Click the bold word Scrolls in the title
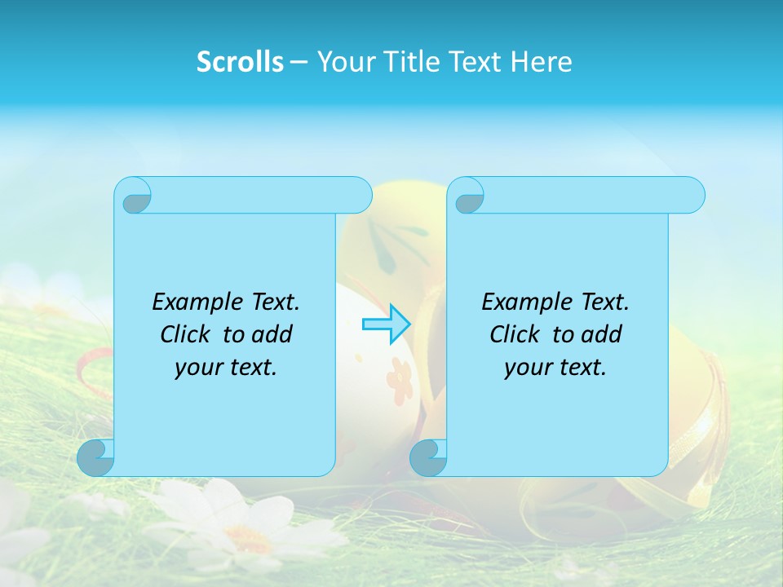(240, 62)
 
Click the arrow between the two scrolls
(386, 324)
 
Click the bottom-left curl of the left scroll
(95, 457)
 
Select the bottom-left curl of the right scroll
(427, 457)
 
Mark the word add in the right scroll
(602, 335)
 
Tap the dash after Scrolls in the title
(299, 62)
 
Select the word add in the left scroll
(272, 335)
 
